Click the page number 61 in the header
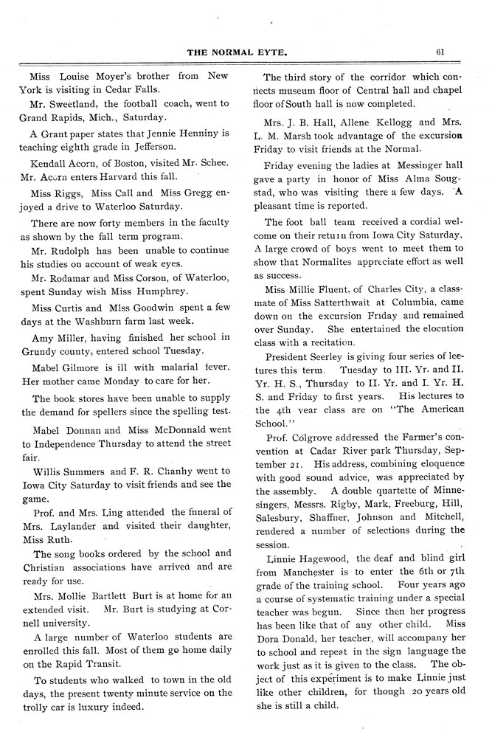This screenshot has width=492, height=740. (440, 51)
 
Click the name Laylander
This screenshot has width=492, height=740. (72, 526)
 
